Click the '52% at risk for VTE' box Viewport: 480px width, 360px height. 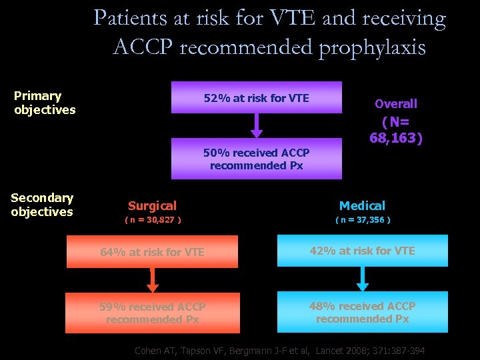click(x=257, y=98)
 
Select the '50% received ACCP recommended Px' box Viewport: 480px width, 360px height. click(x=257, y=159)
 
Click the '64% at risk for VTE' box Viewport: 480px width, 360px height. click(x=152, y=252)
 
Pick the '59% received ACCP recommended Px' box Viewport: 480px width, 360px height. click(x=152, y=313)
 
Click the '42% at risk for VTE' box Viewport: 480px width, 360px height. click(x=362, y=251)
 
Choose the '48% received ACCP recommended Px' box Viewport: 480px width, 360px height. click(x=362, y=312)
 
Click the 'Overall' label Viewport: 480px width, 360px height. click(x=396, y=103)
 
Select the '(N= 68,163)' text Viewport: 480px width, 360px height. click(x=396, y=130)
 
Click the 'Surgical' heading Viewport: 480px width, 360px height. click(x=152, y=206)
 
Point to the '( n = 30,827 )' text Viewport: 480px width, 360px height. click(x=153, y=219)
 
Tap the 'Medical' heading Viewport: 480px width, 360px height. click(x=362, y=206)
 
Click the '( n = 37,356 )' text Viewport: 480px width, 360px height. click(x=363, y=219)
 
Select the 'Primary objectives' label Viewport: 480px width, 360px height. click(x=45, y=103)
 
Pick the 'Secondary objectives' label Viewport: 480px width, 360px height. click(x=42, y=205)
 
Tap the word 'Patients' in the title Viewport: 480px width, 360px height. click(x=131, y=18)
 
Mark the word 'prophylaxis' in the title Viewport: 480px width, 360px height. click(x=371, y=47)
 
